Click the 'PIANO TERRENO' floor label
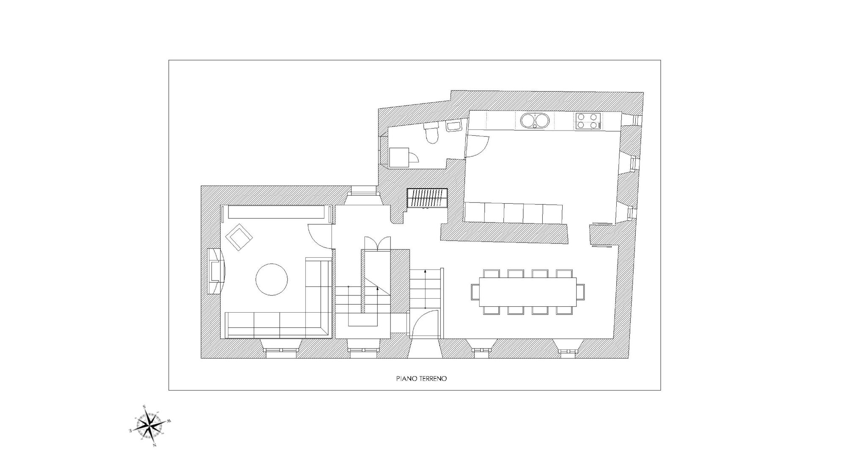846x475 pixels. (x=421, y=379)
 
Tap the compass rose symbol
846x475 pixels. (x=150, y=426)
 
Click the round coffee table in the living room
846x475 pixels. (x=272, y=279)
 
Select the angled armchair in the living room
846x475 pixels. (x=239, y=237)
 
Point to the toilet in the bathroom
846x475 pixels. (x=431, y=133)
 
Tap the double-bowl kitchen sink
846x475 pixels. (x=535, y=120)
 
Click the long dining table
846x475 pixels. (x=528, y=292)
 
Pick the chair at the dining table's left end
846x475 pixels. (x=475, y=292)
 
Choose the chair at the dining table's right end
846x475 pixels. (x=580, y=292)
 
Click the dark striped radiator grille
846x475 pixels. (x=427, y=198)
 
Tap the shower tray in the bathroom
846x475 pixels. (x=399, y=158)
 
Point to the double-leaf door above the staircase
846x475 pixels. (x=378, y=244)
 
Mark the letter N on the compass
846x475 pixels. (x=155, y=445)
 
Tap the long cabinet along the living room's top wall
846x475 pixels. (x=276, y=212)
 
